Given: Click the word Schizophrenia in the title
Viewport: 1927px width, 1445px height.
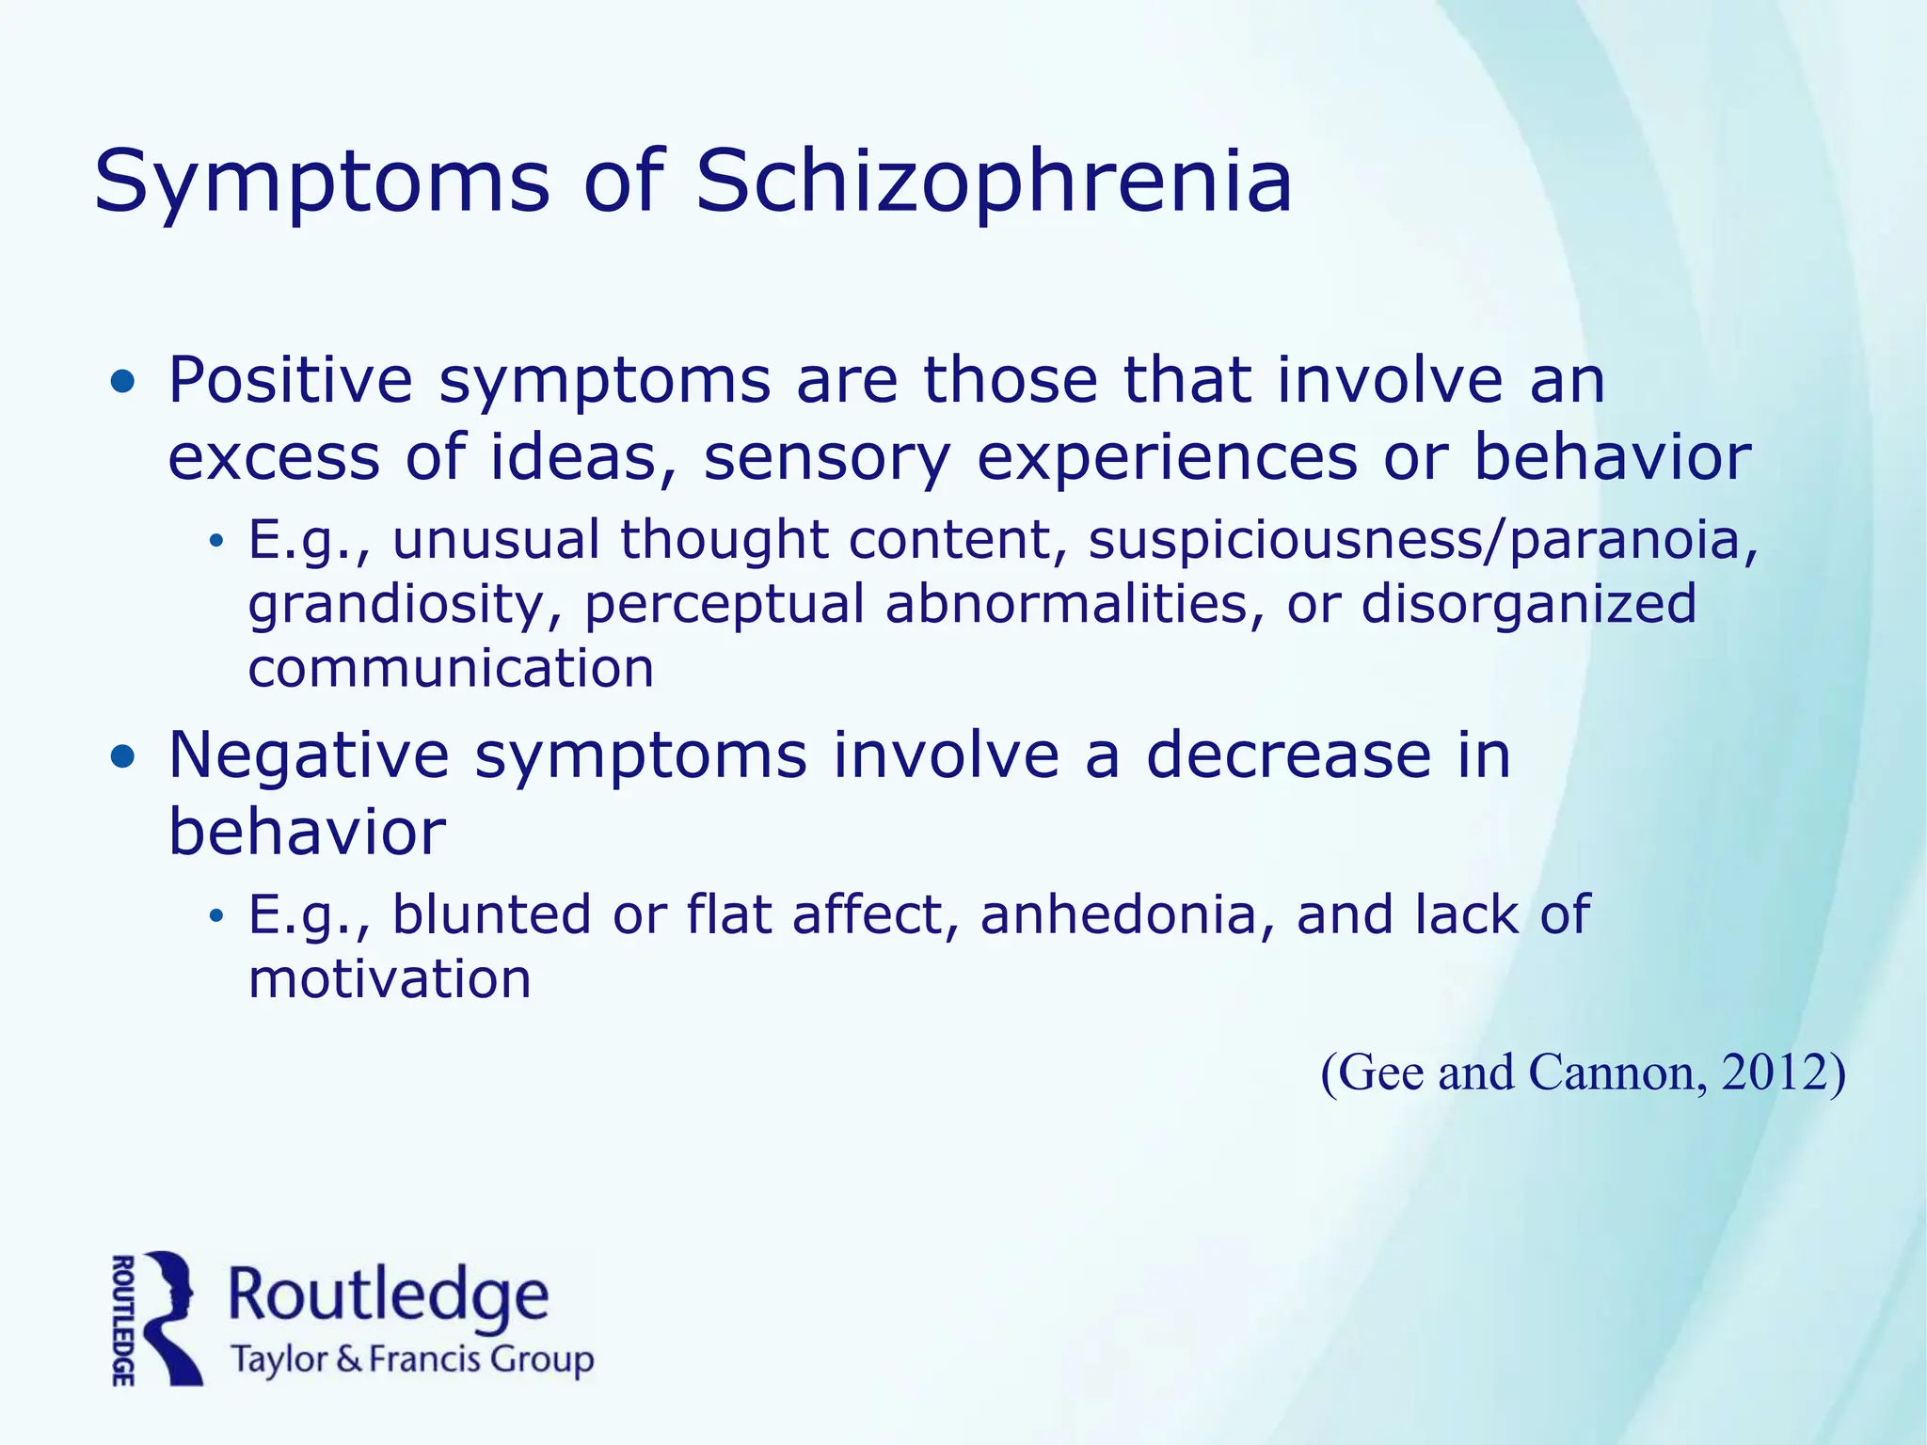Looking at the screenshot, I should (993, 181).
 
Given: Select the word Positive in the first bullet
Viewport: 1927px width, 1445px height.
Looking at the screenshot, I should (290, 380).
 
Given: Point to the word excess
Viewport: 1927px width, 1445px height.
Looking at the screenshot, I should (273, 457).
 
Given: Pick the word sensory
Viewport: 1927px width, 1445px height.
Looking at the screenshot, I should (827, 459).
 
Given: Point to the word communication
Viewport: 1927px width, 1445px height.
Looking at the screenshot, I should (451, 669).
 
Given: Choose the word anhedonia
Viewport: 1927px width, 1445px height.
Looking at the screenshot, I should (1119, 914).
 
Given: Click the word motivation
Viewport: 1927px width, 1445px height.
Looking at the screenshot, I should (390, 979).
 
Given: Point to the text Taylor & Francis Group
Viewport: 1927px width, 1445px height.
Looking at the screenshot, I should (412, 1360).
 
